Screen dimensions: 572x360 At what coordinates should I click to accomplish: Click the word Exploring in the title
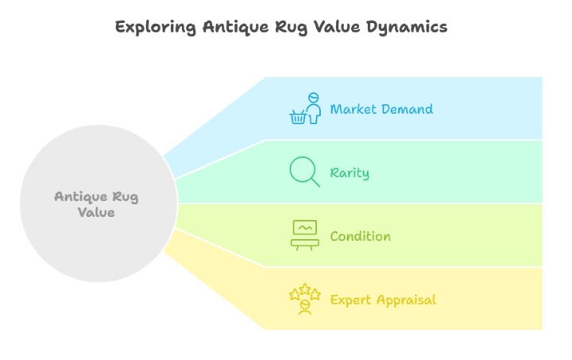(x=156, y=27)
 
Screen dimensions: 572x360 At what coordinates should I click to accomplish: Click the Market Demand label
(x=381, y=109)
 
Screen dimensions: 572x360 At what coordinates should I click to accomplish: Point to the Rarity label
(x=350, y=173)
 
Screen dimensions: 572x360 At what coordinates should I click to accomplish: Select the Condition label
(x=361, y=236)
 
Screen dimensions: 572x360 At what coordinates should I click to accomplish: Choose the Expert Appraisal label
(x=383, y=300)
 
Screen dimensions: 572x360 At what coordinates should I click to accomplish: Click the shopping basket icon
(x=298, y=117)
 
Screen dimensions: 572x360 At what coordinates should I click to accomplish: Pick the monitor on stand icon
(x=305, y=235)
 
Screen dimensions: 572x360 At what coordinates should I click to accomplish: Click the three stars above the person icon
(x=305, y=292)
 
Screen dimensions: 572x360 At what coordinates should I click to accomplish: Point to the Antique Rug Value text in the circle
(x=96, y=204)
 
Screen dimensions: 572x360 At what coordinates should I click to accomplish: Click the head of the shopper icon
(x=313, y=98)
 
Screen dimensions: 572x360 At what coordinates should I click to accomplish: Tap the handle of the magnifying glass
(x=315, y=182)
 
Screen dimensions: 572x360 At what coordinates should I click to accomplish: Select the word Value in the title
(x=336, y=27)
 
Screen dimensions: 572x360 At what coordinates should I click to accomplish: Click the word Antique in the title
(x=236, y=28)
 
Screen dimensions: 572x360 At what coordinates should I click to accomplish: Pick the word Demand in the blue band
(x=407, y=109)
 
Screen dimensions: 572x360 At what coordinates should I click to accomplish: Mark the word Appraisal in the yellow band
(x=407, y=300)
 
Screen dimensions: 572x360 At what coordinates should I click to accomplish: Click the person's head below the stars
(x=305, y=304)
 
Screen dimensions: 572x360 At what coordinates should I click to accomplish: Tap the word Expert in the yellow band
(x=351, y=300)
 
